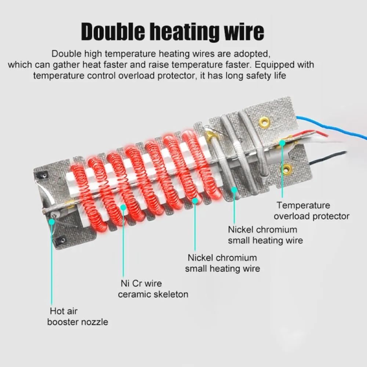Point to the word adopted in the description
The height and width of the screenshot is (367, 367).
coord(253,54)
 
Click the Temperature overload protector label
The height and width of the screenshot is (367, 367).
coord(311,211)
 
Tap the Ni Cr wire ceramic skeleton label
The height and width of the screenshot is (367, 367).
coord(153,289)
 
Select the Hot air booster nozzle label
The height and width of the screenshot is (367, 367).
coord(78,317)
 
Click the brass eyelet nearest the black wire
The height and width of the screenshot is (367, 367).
coord(286,169)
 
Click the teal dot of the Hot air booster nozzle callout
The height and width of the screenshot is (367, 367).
coord(51,222)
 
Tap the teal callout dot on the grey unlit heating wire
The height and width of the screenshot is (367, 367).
coord(234,189)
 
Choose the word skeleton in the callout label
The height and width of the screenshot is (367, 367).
coord(170,294)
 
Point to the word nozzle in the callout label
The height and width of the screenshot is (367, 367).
coord(95,322)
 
